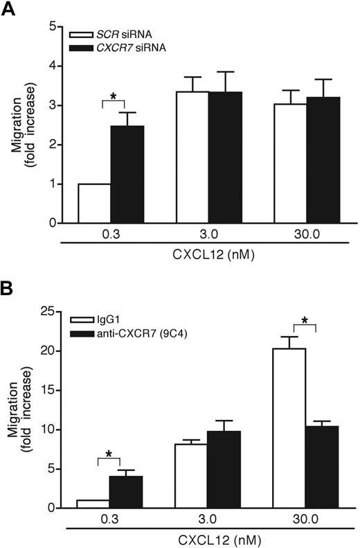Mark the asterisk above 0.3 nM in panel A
[x=112, y=92]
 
